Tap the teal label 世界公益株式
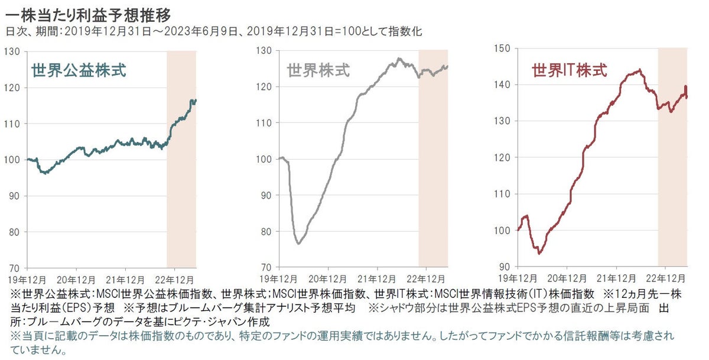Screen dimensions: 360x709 tap(78, 72)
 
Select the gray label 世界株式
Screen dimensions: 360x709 tap(318, 71)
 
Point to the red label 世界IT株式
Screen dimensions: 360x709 tap(569, 71)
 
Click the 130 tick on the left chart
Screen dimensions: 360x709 tap(11, 52)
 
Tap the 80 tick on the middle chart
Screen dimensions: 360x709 tap(264, 232)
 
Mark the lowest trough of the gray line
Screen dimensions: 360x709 tap(299, 244)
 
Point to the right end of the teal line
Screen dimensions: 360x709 tap(196, 100)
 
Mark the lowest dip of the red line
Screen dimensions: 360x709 tap(539, 253)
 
